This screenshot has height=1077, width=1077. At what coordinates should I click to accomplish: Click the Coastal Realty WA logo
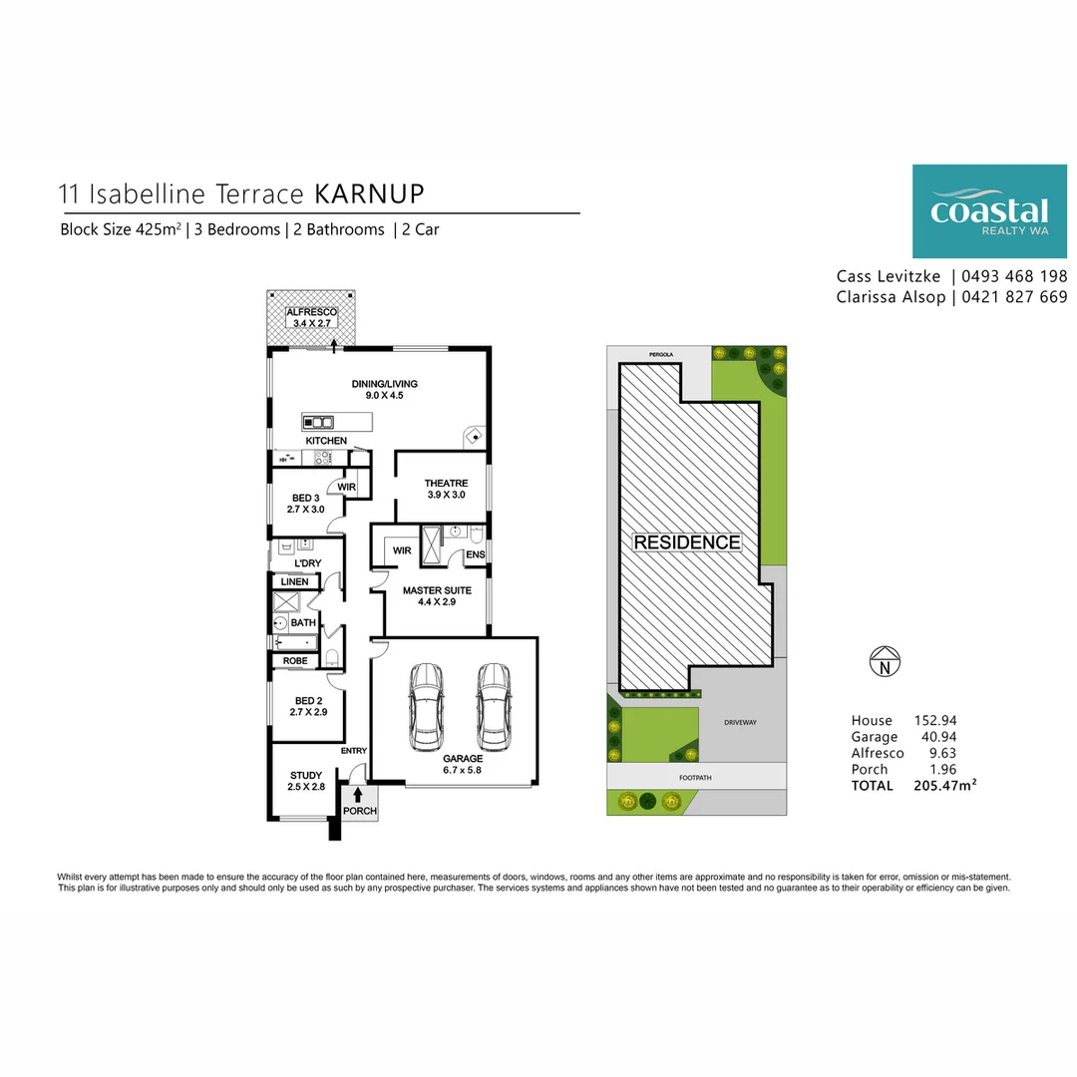(989, 211)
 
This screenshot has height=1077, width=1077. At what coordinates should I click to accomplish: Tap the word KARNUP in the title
(369, 192)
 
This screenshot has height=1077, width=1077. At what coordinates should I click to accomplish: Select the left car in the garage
(426, 706)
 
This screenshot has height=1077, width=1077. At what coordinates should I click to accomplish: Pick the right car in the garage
(493, 706)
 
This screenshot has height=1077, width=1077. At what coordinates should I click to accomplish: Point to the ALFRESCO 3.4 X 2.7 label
(312, 318)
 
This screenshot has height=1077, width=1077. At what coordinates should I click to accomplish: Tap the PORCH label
(360, 811)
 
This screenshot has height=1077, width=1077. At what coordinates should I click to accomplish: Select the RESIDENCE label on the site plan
(688, 542)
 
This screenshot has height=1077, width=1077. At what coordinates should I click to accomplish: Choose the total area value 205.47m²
(944, 786)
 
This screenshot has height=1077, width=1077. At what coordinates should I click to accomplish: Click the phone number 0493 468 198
(1014, 276)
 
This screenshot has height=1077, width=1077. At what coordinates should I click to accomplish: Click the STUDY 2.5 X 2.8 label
(306, 781)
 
